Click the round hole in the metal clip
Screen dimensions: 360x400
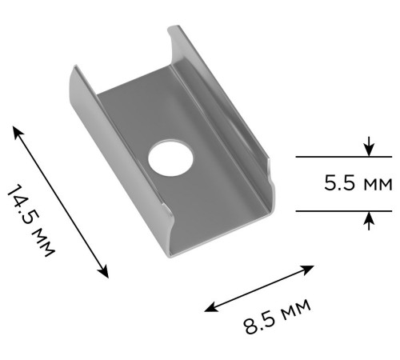tap(169, 158)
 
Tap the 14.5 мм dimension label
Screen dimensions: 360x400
tap(30, 221)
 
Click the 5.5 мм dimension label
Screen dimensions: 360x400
tap(358, 184)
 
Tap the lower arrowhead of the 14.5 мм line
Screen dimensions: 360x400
tap(105, 274)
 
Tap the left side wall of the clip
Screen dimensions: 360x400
tap(84, 120)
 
